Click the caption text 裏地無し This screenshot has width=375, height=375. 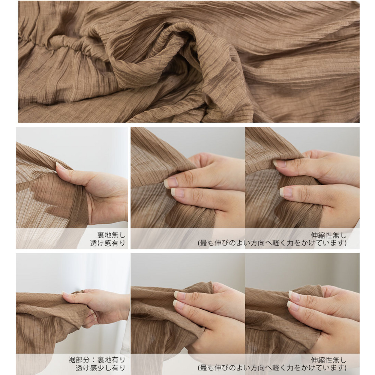(111, 235)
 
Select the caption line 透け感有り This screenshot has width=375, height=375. (108, 243)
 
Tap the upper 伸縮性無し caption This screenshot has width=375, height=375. (328, 235)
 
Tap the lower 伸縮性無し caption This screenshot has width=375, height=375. (328, 360)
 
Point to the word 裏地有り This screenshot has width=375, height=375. (111, 360)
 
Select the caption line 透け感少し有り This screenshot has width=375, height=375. (100, 367)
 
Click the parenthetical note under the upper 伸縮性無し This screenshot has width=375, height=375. (272, 243)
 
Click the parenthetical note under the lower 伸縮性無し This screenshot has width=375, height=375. (272, 367)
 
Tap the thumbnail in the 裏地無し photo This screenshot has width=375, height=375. (60, 166)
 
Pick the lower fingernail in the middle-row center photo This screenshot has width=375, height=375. (177, 192)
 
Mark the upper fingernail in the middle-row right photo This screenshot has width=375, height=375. (280, 163)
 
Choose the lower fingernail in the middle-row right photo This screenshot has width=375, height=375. (286, 192)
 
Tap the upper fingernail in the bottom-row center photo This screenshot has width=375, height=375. (180, 295)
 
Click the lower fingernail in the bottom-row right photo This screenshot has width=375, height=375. (293, 306)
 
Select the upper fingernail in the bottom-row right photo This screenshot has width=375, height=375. (294, 296)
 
